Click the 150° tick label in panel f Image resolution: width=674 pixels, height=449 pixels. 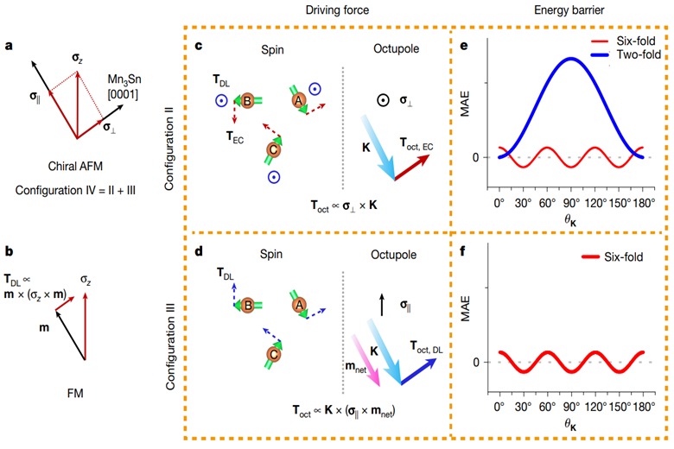coord(613,403)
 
